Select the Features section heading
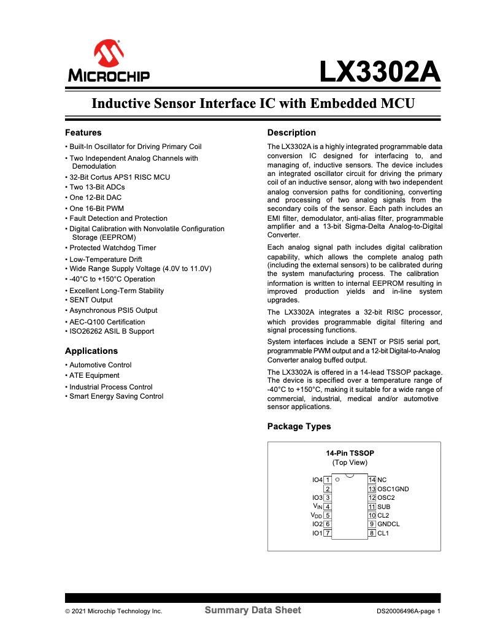83,132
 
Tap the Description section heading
291,132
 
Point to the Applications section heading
91,351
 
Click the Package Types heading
299,426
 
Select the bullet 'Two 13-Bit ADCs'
96,188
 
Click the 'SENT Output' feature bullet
91,300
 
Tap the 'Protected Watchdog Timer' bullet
112,248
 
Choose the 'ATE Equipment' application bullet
94,375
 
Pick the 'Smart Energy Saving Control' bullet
116,396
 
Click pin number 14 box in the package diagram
372,480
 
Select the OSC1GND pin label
393,489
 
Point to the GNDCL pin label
388,524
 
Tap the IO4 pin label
317,480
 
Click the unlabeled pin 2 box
328,489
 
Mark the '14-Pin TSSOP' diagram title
350,453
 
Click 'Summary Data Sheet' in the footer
253,610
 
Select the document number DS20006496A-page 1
409,611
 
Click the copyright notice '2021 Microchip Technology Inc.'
117,611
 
